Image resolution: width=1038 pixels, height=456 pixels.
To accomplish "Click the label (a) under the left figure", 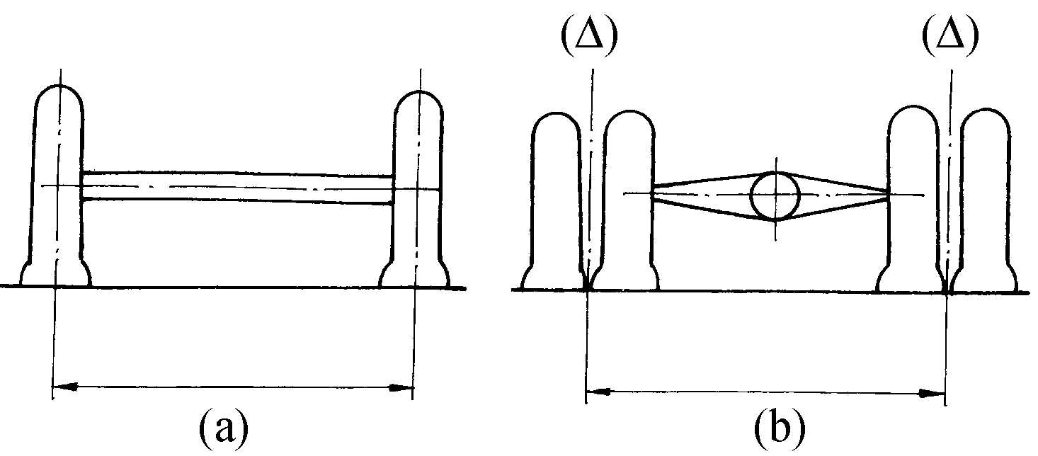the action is pyautogui.click(x=224, y=431).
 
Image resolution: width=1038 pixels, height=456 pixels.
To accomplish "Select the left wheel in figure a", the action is pyautogui.click(x=56, y=186).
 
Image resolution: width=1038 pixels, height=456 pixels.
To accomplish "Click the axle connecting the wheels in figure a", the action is pyautogui.click(x=237, y=188).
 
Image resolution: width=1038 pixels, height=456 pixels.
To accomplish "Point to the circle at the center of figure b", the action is pyautogui.click(x=775, y=195).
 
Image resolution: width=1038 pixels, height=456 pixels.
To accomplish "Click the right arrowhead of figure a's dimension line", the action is pyautogui.click(x=401, y=388).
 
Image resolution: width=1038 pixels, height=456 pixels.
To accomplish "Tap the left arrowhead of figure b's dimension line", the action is pyautogui.click(x=598, y=392).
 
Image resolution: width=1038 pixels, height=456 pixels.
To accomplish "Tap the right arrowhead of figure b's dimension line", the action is pyautogui.click(x=933, y=394).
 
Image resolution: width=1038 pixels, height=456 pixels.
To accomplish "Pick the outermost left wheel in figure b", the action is pyautogui.click(x=554, y=202).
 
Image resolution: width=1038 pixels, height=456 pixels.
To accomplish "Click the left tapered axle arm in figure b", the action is pyautogui.click(x=702, y=194).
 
